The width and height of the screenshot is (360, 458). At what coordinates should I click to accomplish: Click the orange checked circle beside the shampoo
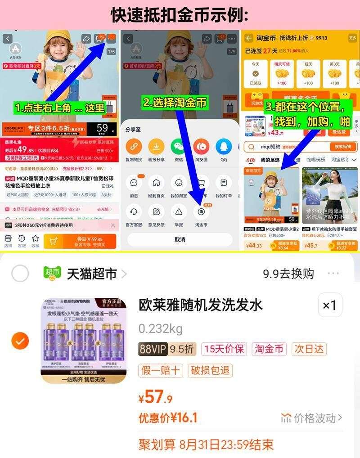click(20, 341)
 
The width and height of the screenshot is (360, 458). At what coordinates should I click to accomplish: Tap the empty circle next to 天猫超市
click(20, 273)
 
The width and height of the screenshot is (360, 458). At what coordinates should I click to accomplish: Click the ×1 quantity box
click(330, 305)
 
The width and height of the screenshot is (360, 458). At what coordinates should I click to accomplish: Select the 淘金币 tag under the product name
click(269, 349)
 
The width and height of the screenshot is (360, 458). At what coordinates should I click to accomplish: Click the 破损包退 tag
click(210, 370)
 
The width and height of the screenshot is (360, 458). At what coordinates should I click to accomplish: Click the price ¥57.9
click(156, 397)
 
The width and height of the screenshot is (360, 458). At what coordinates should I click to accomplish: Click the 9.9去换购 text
click(288, 274)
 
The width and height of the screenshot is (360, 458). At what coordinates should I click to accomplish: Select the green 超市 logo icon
click(52, 273)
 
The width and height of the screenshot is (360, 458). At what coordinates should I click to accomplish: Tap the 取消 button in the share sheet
click(180, 240)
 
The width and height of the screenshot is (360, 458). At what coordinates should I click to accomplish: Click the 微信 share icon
click(179, 147)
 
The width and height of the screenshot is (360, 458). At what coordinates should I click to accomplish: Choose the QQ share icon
click(224, 147)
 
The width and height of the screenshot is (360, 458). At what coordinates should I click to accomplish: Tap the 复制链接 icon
click(134, 147)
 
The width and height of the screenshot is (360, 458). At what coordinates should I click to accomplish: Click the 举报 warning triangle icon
click(179, 211)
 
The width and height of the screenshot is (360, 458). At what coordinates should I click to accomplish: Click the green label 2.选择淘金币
click(175, 103)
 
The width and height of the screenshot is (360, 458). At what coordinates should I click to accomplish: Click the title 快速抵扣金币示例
click(180, 15)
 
